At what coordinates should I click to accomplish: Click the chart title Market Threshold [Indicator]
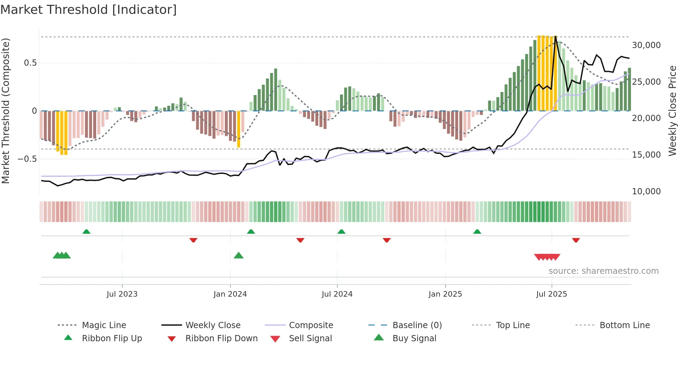pos(89,10)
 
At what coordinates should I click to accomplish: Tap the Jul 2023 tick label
pos(122,294)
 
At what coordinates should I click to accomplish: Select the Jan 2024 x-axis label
pos(230,294)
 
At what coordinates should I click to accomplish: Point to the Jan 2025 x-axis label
pos(445,294)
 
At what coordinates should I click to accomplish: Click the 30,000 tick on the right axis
pos(646,45)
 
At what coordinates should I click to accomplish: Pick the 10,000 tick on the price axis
pos(646,192)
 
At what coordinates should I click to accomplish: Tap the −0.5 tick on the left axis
pos(27,159)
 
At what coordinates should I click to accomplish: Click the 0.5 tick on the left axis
pos(30,63)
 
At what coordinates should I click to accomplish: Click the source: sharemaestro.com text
pos(603,271)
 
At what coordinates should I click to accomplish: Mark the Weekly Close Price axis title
pos(672,111)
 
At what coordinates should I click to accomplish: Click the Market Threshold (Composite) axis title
pos(6,111)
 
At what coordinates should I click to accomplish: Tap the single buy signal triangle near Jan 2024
pos(239,255)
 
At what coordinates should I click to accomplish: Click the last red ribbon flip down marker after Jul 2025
pos(576,240)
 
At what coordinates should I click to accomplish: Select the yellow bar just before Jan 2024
pos(239,129)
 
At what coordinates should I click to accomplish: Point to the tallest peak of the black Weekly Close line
pos(556,37)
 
